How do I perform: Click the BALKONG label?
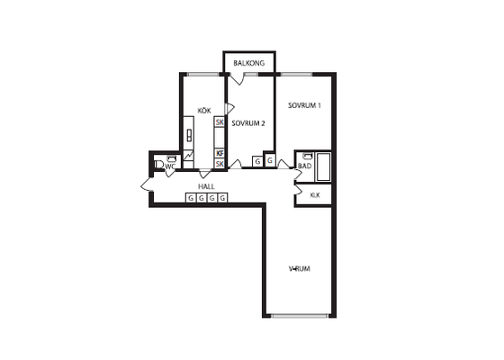[x=248, y=63]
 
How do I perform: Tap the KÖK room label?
[x=204, y=111]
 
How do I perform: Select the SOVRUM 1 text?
[x=304, y=105]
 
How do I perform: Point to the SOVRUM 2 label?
[x=248, y=123]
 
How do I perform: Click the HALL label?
[x=206, y=186]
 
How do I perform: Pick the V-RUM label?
[x=299, y=269]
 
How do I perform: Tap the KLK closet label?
[x=315, y=195]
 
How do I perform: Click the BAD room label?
[x=304, y=166]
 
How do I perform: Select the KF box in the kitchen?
[x=220, y=153]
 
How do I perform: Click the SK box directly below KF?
[x=220, y=164]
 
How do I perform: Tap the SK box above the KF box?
[x=220, y=122]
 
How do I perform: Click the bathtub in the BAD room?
[x=323, y=166]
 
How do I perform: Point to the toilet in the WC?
[x=157, y=165]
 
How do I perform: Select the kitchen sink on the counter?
[x=189, y=135]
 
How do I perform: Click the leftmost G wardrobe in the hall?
[x=191, y=198]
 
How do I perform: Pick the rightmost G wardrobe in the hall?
[x=222, y=198]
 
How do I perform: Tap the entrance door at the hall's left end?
[x=146, y=184]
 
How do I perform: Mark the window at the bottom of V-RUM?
[x=300, y=316]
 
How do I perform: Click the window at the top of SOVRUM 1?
[x=296, y=74]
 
